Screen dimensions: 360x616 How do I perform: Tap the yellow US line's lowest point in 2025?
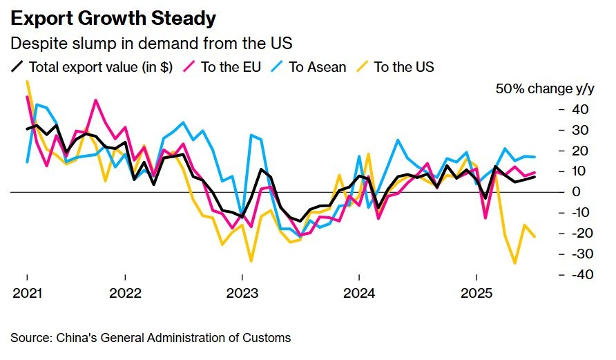pos(515,263)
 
